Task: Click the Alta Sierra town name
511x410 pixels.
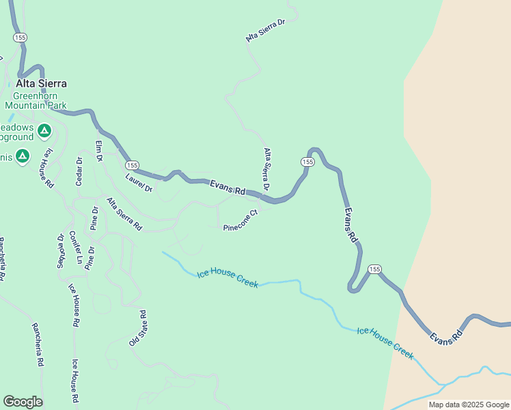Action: [42, 83]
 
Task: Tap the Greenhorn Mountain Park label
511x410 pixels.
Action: [36, 101]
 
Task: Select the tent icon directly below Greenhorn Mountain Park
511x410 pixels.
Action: [44, 130]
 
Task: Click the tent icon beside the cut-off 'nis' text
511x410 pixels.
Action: [23, 157]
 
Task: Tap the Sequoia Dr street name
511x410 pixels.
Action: [61, 251]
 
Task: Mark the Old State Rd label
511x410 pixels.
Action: [137, 328]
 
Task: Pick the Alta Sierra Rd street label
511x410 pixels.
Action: [124, 213]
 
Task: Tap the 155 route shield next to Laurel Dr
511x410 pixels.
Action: [133, 165]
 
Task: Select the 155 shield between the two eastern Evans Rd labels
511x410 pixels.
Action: [374, 269]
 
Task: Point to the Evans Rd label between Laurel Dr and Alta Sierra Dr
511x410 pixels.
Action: [227, 187]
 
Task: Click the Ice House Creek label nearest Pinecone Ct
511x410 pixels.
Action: [227, 278]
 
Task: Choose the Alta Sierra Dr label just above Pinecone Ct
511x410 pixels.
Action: [266, 169]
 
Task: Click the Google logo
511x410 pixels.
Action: [23, 401]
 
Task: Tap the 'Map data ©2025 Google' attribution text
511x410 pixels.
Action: [469, 405]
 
